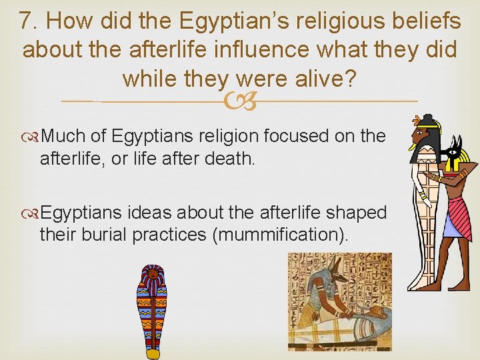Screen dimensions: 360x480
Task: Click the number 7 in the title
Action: coord(25,22)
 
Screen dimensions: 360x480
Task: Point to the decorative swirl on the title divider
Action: coord(239,101)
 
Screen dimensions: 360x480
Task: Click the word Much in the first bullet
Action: coord(64,136)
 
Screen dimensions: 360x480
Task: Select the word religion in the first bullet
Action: coord(221,136)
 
